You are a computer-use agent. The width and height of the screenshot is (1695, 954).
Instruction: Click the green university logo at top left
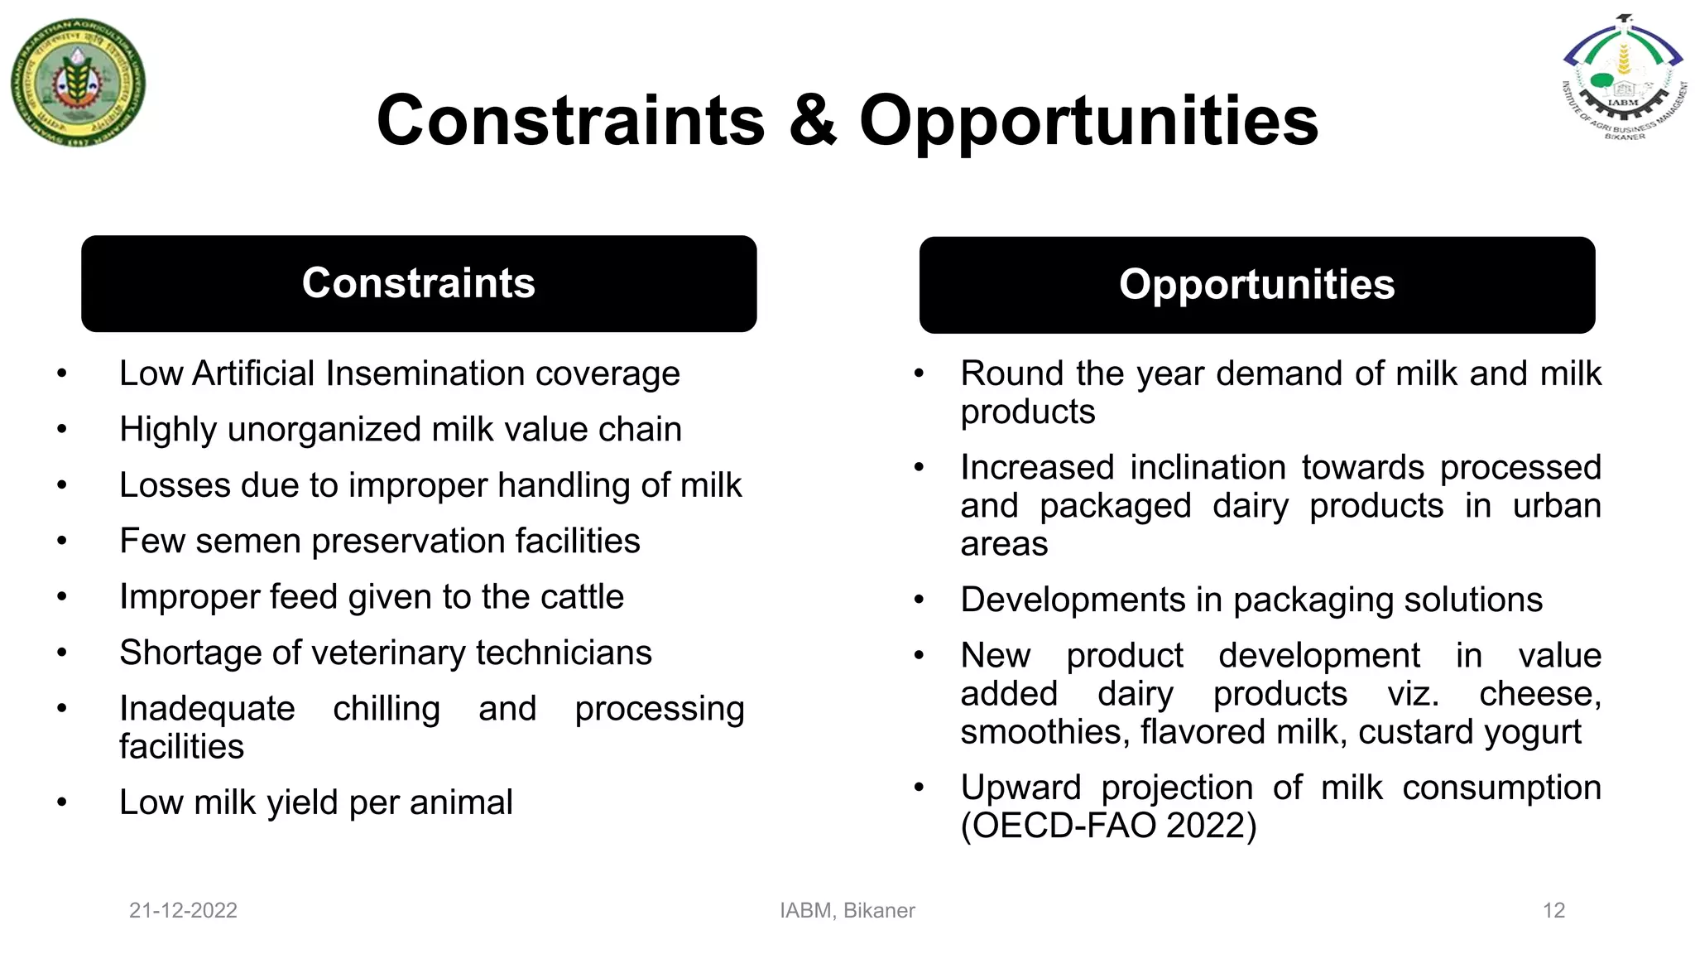(79, 83)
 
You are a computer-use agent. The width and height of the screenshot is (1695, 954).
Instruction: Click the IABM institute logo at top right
(1624, 79)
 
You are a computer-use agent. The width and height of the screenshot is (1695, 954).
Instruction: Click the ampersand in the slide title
(812, 121)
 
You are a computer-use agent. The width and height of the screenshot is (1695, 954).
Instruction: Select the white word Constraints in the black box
(419, 283)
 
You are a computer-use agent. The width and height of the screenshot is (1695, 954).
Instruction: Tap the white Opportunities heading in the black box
(1256, 285)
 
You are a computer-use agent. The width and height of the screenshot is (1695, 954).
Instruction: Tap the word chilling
(387, 710)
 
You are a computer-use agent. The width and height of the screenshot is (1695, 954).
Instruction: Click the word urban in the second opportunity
(1556, 506)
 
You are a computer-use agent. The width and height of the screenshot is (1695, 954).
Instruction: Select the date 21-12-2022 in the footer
(183, 911)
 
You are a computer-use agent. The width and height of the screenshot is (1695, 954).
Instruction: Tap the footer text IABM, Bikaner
(847, 911)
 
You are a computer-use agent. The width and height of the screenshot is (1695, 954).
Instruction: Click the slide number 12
(1553, 911)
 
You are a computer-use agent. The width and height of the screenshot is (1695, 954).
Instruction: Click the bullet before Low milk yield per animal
(62, 802)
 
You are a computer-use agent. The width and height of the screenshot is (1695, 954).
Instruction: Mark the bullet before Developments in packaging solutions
(919, 600)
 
